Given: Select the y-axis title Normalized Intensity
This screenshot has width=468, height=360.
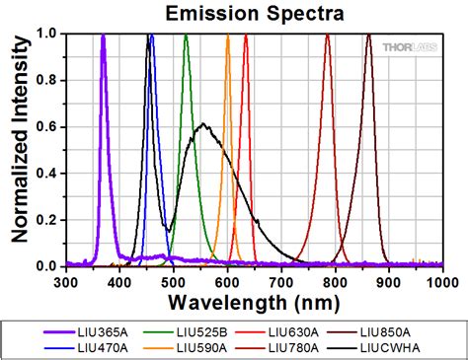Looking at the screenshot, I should (x=17, y=148).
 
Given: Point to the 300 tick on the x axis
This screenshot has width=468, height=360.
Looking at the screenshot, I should (x=65, y=281).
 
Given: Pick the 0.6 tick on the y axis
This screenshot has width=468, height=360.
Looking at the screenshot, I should (x=43, y=126).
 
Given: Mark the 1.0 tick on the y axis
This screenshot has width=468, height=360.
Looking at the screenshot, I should (x=43, y=34).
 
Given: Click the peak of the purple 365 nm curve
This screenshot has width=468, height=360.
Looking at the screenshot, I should (x=103, y=36).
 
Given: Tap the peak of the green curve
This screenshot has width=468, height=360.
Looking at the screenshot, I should (x=186, y=36).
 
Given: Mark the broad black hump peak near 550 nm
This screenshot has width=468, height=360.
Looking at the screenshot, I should (x=203, y=124).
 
